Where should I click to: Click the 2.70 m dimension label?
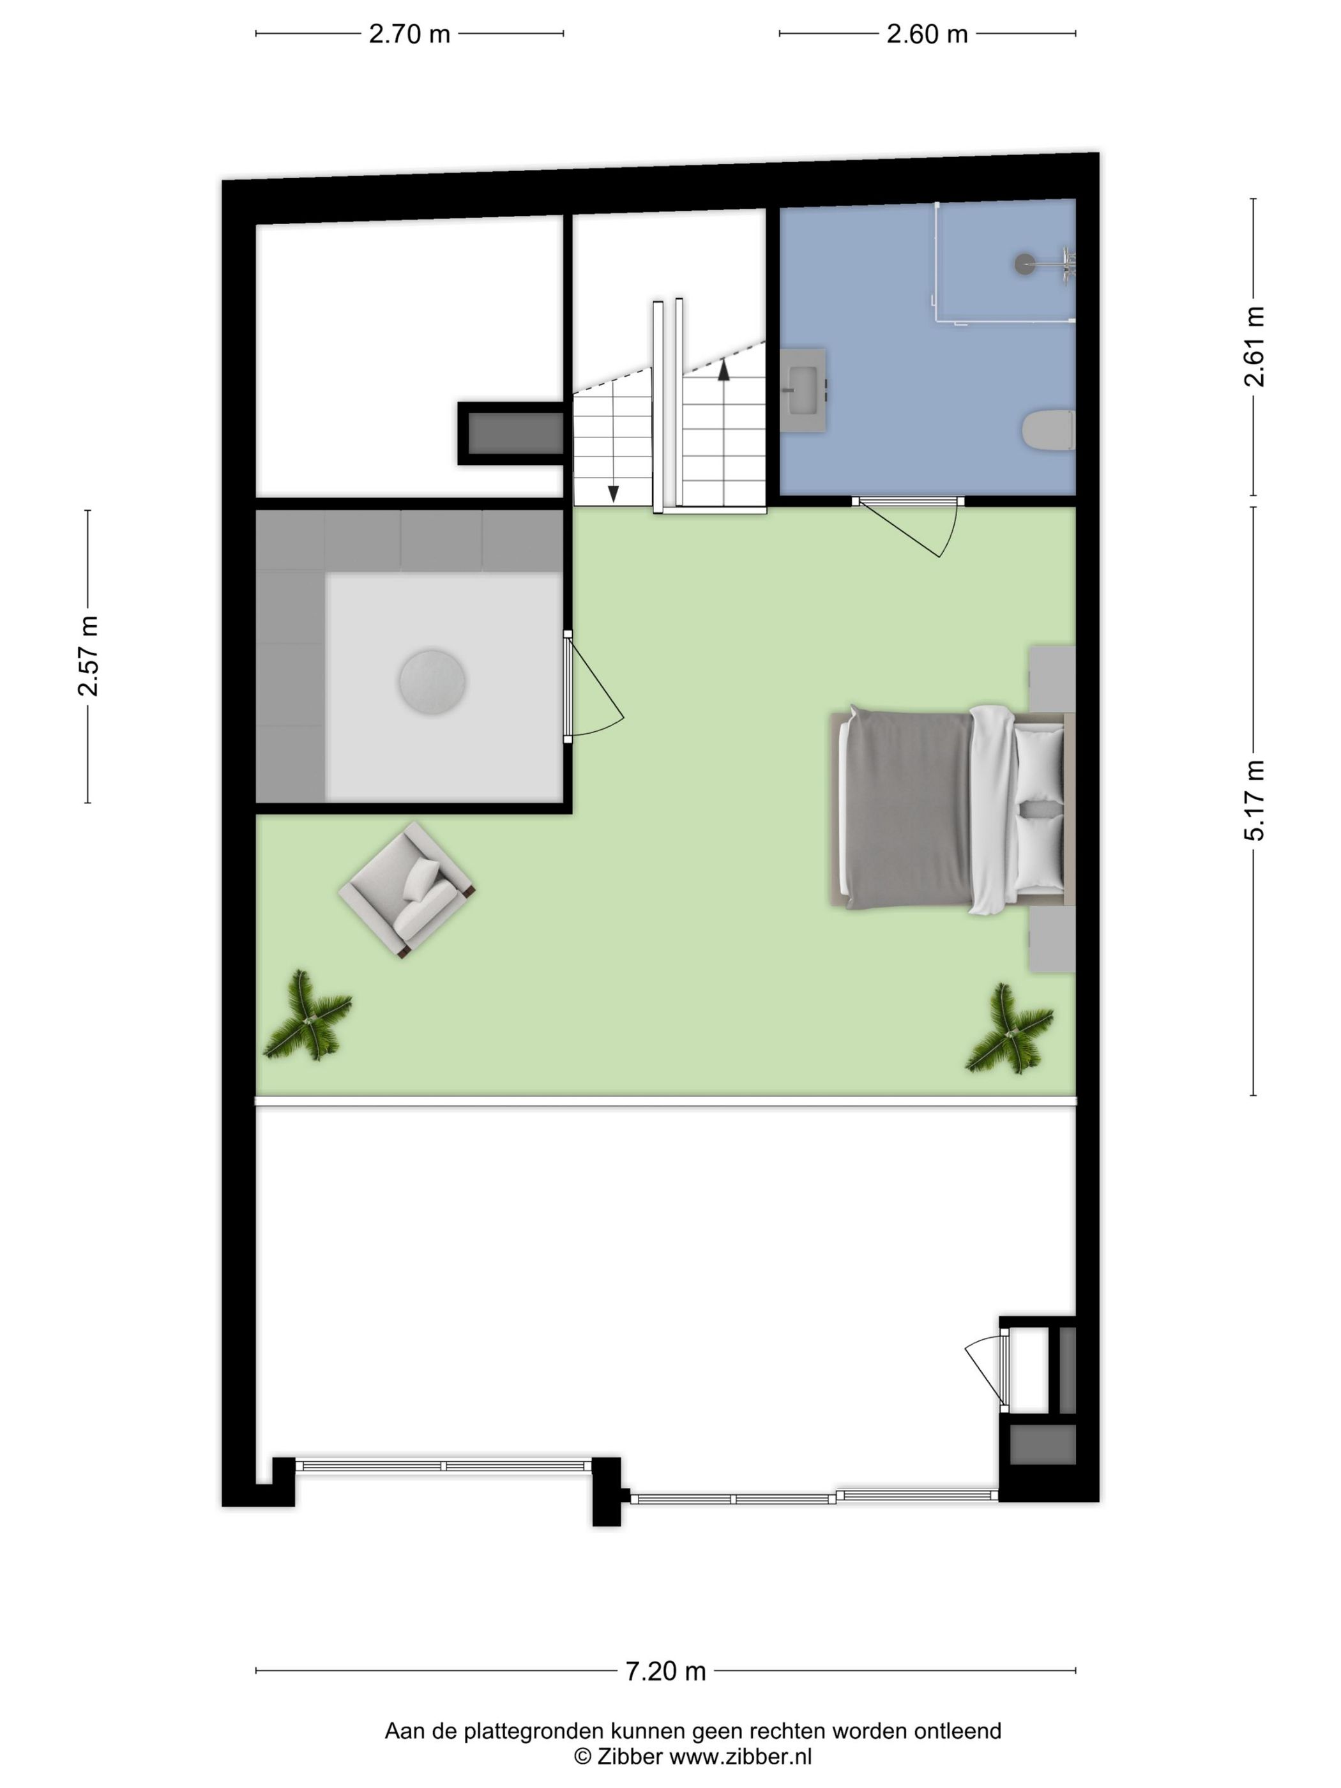pos(409,34)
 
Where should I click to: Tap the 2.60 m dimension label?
pos(927,34)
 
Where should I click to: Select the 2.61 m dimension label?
pos(1254,347)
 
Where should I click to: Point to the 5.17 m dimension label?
pos(1254,800)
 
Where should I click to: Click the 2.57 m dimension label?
pos(88,656)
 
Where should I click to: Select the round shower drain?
pos(1025,262)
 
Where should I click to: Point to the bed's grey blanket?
pos(905,809)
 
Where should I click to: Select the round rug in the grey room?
pos(432,681)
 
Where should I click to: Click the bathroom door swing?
pos(921,529)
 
